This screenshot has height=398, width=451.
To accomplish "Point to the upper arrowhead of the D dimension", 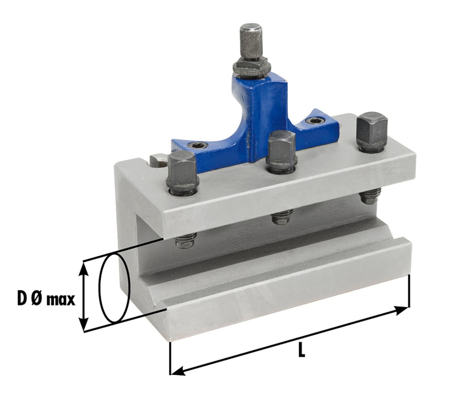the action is (x=84, y=268).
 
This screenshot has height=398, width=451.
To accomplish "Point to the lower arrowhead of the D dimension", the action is (x=84, y=324).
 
